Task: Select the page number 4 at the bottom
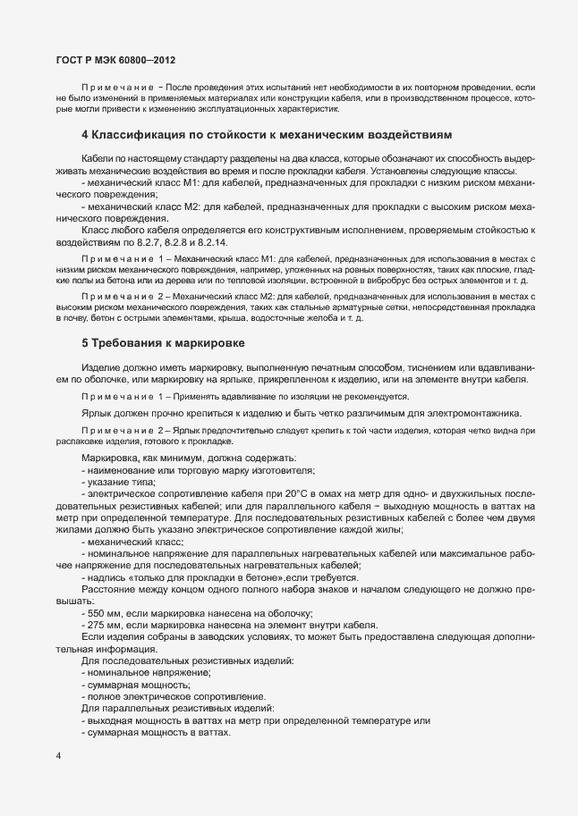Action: [x=59, y=755]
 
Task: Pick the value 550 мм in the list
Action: [x=101, y=612]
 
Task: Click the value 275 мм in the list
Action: [x=101, y=624]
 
